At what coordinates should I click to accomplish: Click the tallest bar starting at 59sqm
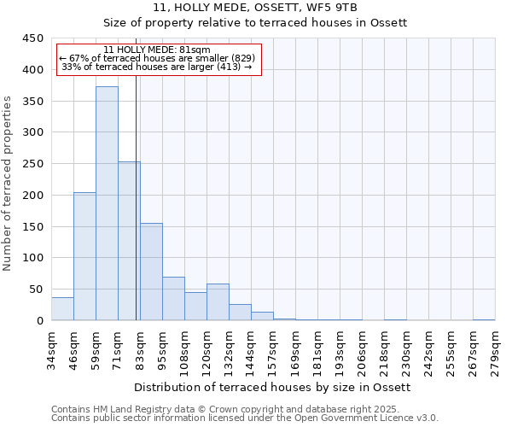pyautogui.click(x=107, y=203)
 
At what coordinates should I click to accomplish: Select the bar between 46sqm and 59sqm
pyautogui.click(x=84, y=256)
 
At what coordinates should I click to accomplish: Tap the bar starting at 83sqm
pyautogui.click(x=151, y=272)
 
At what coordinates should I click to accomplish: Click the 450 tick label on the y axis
pyautogui.click(x=32, y=38)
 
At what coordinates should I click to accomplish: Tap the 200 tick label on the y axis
pyautogui.click(x=32, y=196)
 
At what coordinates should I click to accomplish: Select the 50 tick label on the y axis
pyautogui.click(x=36, y=290)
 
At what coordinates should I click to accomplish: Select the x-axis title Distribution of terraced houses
pyautogui.click(x=273, y=387)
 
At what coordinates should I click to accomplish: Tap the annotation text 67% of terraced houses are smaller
pyautogui.click(x=157, y=58)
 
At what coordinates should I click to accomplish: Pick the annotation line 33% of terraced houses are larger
pyautogui.click(x=157, y=67)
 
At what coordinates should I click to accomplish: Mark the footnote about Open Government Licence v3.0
pyautogui.click(x=245, y=418)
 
